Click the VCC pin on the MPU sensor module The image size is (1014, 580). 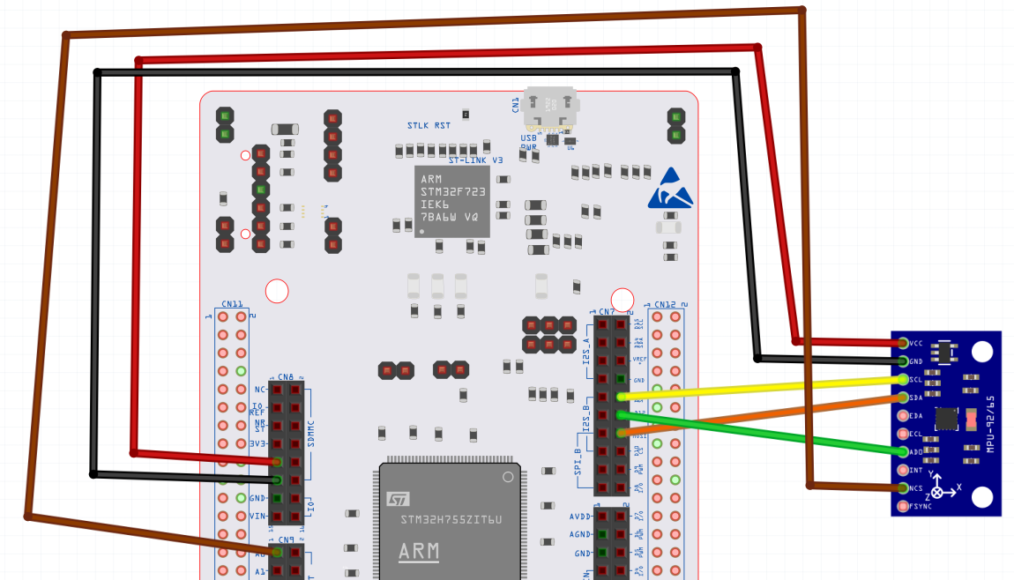tap(903, 343)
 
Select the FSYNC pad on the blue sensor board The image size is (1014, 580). tap(903, 506)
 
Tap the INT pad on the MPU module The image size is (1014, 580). tap(903, 470)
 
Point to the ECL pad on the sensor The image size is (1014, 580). tap(903, 434)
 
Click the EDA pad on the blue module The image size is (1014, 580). tap(903, 415)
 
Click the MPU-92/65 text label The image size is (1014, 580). tap(991, 424)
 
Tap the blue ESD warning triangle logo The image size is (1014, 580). tap(670, 189)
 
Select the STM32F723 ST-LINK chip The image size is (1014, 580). tap(451, 201)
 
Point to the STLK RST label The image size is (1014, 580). tap(429, 126)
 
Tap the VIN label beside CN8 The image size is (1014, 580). tap(257, 517)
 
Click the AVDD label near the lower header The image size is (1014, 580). tap(579, 517)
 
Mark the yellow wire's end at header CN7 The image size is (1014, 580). tap(623, 397)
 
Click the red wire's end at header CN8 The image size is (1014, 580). tap(277, 461)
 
